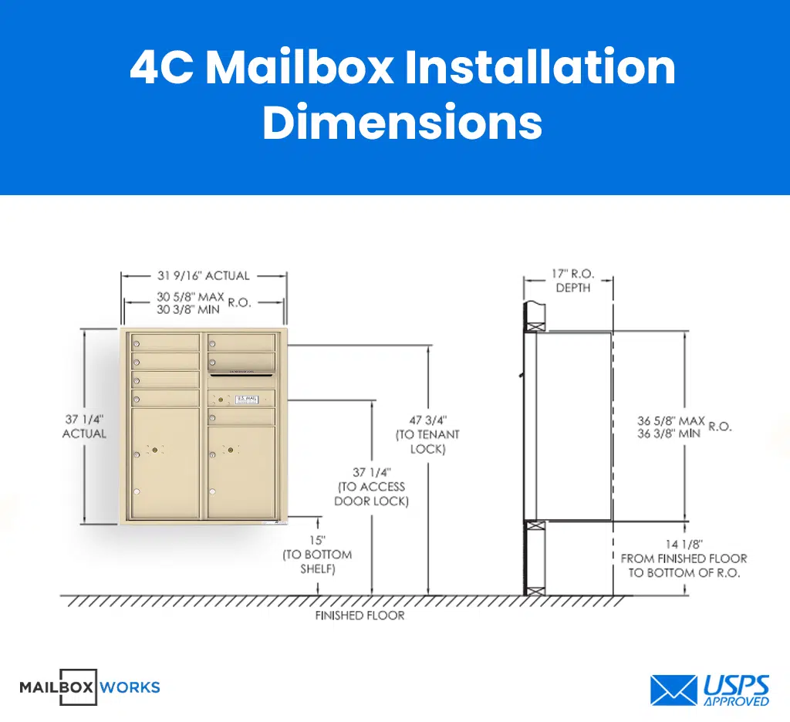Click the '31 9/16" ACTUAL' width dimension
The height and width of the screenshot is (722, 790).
(x=204, y=276)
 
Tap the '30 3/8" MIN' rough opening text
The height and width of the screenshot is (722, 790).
(x=188, y=309)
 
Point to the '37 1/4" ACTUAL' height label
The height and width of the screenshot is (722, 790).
(x=84, y=427)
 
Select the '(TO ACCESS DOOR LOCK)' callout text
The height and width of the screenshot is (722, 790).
(x=371, y=494)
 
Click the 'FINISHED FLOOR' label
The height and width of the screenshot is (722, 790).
(x=360, y=616)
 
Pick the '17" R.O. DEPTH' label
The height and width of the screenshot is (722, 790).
(x=572, y=281)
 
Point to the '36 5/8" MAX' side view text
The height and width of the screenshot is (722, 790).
(x=670, y=421)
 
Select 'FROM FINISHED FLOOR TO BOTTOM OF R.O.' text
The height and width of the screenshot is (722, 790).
(x=684, y=565)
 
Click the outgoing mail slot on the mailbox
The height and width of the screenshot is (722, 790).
(x=241, y=374)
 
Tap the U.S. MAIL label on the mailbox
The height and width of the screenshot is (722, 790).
(x=248, y=399)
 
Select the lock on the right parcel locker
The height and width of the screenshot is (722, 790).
(x=228, y=450)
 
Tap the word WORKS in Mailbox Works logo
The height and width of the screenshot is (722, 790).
(x=130, y=687)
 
